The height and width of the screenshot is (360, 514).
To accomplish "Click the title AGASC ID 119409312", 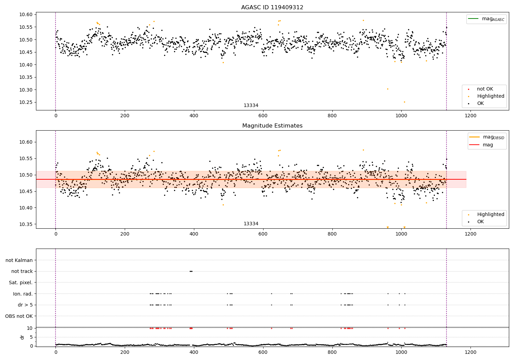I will click(x=272, y=8).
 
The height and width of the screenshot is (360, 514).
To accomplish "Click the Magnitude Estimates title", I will click(x=272, y=126).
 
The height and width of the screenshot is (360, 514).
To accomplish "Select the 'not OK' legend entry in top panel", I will click(x=485, y=89).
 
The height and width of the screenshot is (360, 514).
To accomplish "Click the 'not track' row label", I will click(x=22, y=271).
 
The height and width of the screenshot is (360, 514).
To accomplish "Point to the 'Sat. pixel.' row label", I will click(x=21, y=283).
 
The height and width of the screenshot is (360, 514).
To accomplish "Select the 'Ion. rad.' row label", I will click(x=23, y=294).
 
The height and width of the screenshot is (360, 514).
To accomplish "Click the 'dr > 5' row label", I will click(x=25, y=305).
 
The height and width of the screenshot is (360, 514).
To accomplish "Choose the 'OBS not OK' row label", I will click(x=19, y=316).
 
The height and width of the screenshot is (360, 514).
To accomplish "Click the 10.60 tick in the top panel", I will click(x=26, y=14).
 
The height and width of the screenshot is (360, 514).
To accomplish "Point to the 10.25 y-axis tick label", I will click(x=26, y=102).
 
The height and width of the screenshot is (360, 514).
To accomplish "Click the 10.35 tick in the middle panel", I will click(x=26, y=224).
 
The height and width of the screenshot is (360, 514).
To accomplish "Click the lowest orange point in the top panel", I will click(x=404, y=102).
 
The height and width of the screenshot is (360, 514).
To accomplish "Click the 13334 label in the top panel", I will click(x=251, y=106).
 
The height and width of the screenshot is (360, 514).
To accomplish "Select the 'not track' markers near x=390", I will click(x=191, y=271).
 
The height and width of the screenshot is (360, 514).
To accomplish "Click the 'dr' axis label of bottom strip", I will click(x=22, y=337).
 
